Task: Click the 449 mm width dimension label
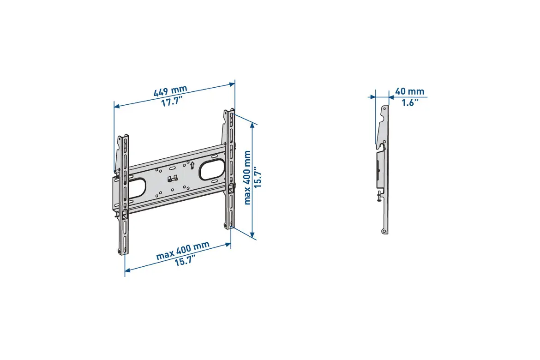coord(170,90)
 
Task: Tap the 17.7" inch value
coord(172,102)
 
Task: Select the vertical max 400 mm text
coord(247,178)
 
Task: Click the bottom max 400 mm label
coord(183,251)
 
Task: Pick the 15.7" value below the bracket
coord(185,261)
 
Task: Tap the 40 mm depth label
coord(409,91)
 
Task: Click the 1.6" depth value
coord(410,102)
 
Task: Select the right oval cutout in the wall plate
coord(211,169)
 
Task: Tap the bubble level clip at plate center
coord(172,179)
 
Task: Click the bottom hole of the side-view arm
coord(384,231)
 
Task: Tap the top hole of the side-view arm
coord(384,108)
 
